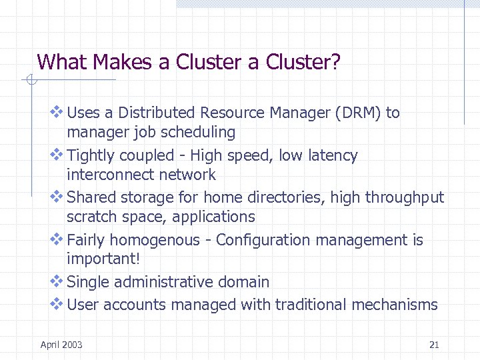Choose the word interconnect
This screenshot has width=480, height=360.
pos(111,175)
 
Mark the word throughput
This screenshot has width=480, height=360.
pos(403,197)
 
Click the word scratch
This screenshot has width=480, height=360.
pos(90,217)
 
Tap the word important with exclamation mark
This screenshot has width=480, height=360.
pos(99,259)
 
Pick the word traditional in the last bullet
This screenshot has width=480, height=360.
pos(311,305)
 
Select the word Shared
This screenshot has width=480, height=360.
pos(89,197)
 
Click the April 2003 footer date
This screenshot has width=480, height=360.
pos(61,345)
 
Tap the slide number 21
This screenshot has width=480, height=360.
pos(434,345)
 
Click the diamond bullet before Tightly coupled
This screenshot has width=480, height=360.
pos(57,155)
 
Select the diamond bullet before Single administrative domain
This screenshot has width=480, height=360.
pos(57,281)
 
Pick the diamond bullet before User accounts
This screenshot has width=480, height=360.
pos(57,304)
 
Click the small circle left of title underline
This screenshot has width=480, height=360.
pos(30,81)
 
